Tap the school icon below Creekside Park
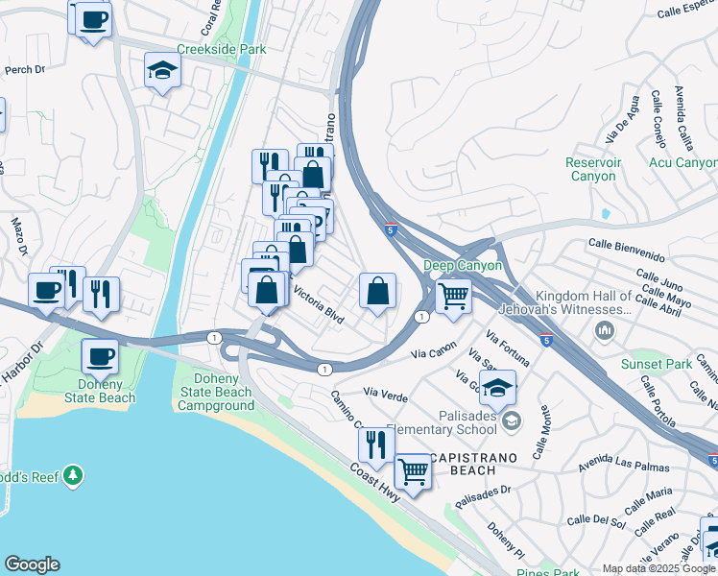point(163,71)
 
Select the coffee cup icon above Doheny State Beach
point(100,357)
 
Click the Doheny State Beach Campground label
point(216,392)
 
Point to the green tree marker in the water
point(73,476)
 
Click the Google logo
point(32,564)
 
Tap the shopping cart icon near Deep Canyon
point(454,295)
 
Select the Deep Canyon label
point(463,266)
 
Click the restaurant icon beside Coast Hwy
point(373,444)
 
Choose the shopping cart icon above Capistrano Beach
point(413,471)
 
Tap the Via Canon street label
point(433,354)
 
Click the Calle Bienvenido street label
point(626,245)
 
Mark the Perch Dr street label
point(26,69)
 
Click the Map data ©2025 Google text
point(658,568)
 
